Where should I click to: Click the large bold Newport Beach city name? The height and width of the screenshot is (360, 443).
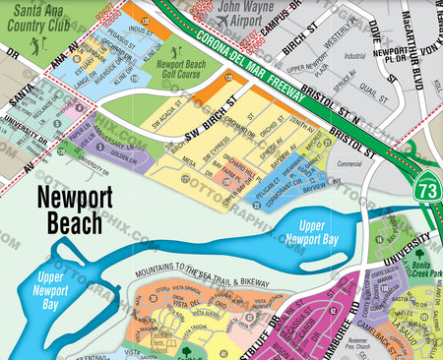tap(69, 210)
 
